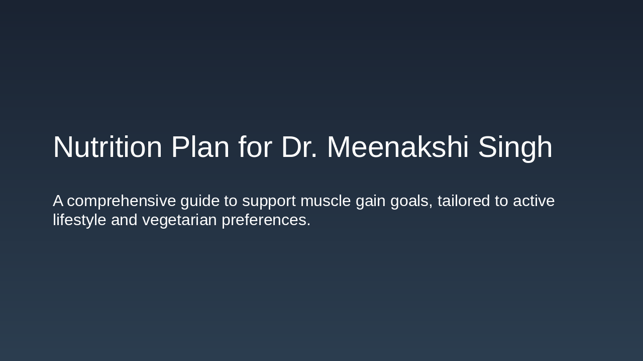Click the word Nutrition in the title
tap(108, 147)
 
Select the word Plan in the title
tap(200, 147)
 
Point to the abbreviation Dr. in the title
tap(299, 147)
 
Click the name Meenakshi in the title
tap(398, 147)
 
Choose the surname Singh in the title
tap(515, 147)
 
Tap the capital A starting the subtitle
tap(58, 201)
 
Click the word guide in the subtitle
tap(200, 201)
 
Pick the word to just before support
tap(231, 201)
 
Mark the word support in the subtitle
tap(269, 201)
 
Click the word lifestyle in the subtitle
tap(80, 220)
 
